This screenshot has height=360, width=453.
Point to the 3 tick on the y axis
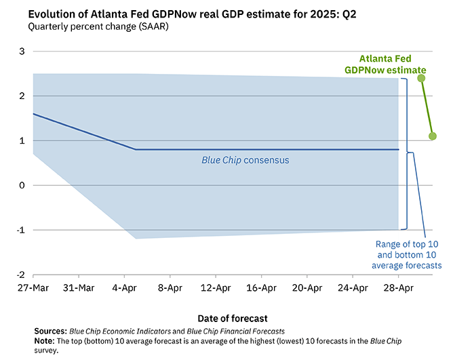point(20,52)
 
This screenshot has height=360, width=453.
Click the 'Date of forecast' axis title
point(233,318)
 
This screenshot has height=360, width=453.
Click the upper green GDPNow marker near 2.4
point(421,79)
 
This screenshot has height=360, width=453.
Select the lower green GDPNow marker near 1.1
point(433,136)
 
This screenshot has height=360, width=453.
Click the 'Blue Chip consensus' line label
point(245,161)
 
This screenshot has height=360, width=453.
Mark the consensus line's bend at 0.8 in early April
point(136,149)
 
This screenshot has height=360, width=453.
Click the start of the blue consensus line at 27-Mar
point(33,114)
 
